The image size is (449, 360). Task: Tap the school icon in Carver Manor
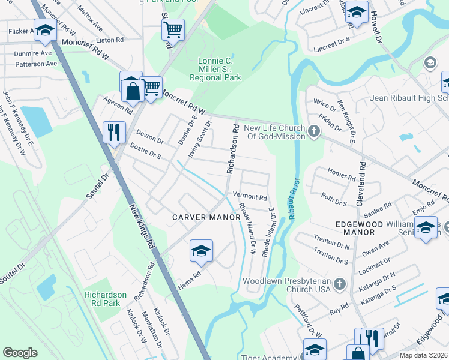click(202, 250)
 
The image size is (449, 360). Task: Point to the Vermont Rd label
click(249, 197)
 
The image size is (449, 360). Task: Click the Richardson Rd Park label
click(106, 299)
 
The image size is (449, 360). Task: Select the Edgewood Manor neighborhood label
click(359, 227)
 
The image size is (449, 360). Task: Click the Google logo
click(20, 353)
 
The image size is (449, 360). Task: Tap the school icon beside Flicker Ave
click(44, 30)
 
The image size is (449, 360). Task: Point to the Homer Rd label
click(342, 174)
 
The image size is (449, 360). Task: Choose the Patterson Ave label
click(36, 64)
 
